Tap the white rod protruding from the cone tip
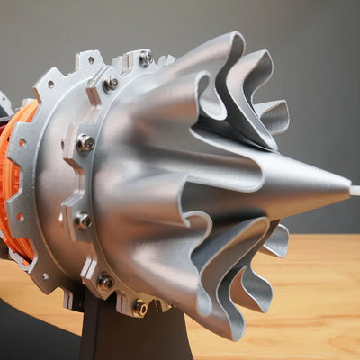(x=355, y=191)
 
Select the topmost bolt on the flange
(x=144, y=58)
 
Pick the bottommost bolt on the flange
(x=140, y=307)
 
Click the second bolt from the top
(x=111, y=84)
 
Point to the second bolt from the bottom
(x=105, y=281)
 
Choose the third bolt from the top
(x=85, y=142)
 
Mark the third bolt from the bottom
(x=83, y=220)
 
